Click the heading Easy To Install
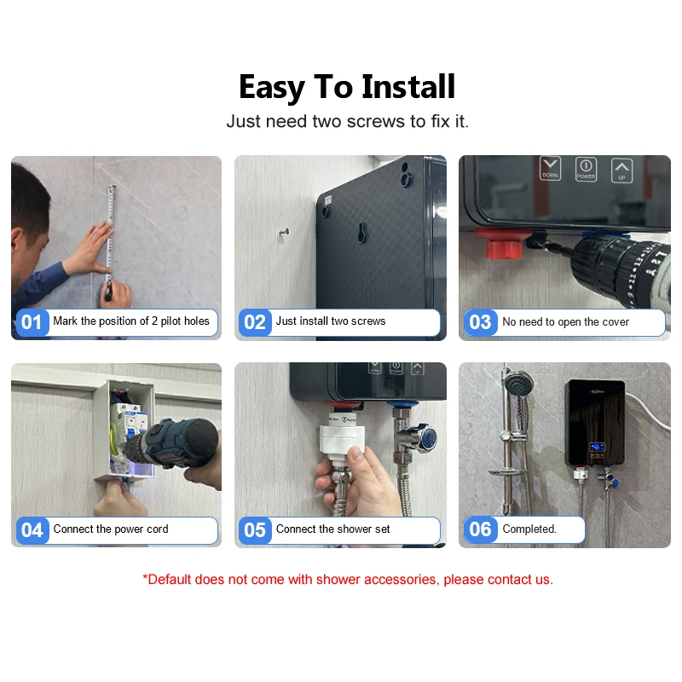click(x=347, y=87)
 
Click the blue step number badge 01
click(x=32, y=322)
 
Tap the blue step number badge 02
click(x=255, y=322)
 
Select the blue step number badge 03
click(x=480, y=322)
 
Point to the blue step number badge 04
click(x=32, y=530)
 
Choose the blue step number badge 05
click(x=255, y=530)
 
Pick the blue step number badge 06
click(x=480, y=529)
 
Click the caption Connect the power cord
click(x=111, y=529)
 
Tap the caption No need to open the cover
click(x=565, y=322)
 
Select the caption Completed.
click(x=529, y=529)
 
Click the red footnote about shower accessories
click(x=347, y=580)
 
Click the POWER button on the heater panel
click(x=586, y=168)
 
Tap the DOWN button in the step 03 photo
click(x=551, y=168)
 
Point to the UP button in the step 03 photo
click(x=622, y=168)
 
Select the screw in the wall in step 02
click(x=285, y=230)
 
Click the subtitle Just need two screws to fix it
click(x=347, y=122)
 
